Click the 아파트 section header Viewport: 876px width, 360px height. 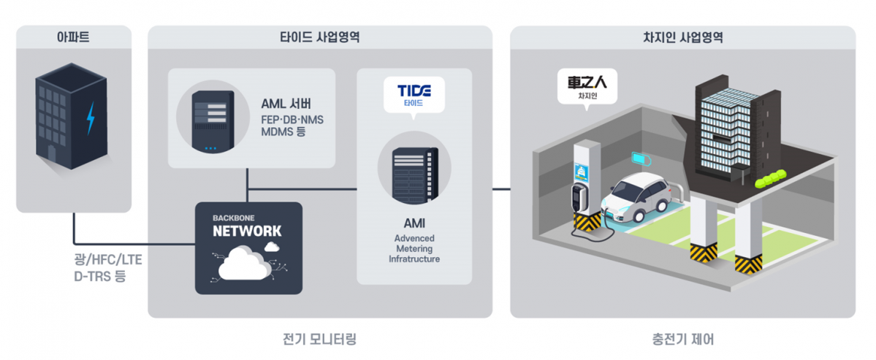[x=73, y=37]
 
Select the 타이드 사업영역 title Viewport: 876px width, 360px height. [x=320, y=37]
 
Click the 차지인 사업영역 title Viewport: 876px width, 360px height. [x=682, y=37]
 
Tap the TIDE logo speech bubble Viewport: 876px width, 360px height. [x=414, y=93]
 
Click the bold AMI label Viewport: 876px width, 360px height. [x=414, y=223]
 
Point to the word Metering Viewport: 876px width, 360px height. [x=414, y=248]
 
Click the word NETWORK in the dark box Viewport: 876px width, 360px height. [x=247, y=231]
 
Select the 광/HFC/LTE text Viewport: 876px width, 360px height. [x=96, y=261]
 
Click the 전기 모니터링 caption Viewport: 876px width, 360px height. [x=319, y=340]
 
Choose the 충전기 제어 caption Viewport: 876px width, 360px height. [x=682, y=340]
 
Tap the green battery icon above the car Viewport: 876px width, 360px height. [x=641, y=158]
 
